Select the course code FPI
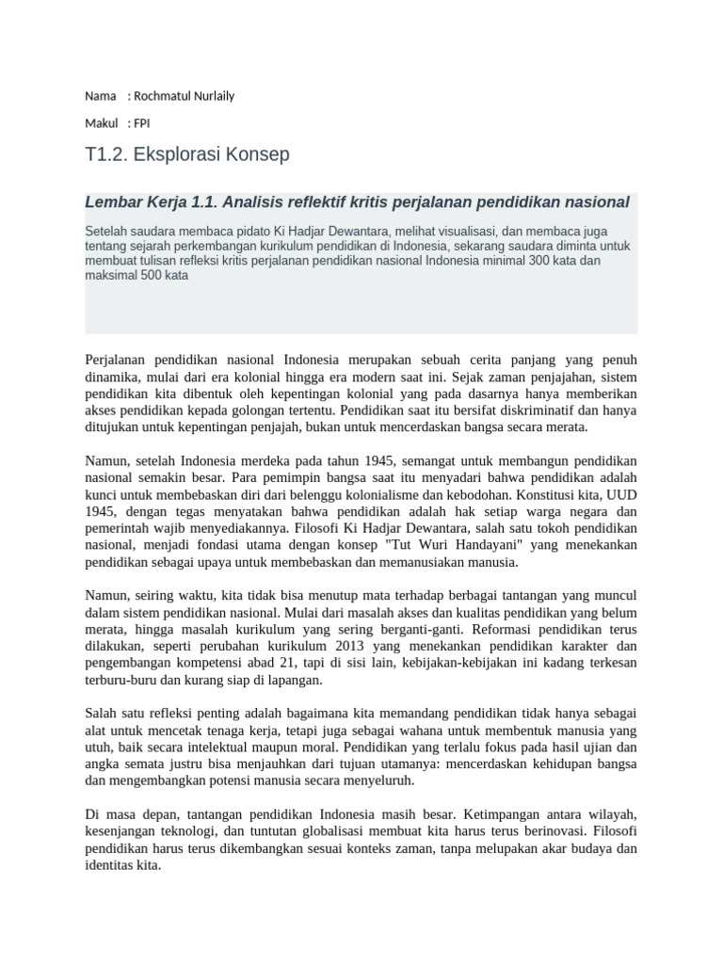click(x=141, y=123)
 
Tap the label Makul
click(x=101, y=123)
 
